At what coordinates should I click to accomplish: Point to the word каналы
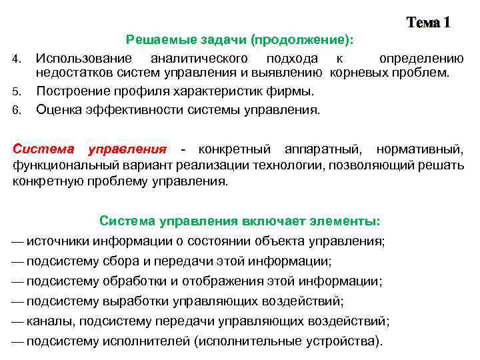pyautogui.click(x=50, y=321)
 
